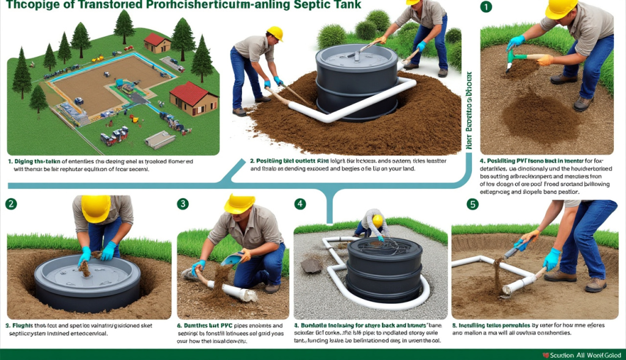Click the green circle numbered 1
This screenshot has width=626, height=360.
[486, 7]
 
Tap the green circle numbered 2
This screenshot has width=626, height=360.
[11, 204]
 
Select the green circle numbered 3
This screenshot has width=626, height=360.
[183, 204]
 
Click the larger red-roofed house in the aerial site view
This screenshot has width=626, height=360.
[193, 99]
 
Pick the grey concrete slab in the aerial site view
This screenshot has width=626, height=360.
[160, 140]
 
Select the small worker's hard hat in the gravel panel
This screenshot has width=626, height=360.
[378, 220]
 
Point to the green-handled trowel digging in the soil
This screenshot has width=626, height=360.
[520, 58]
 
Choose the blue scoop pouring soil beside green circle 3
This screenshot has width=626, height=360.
[232, 259]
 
